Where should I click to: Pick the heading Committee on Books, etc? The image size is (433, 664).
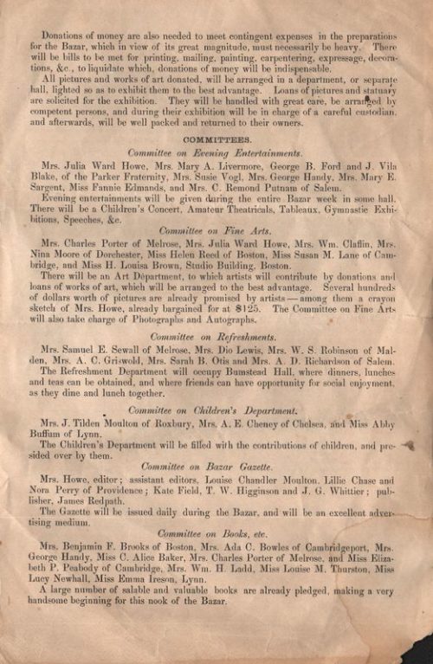click(216, 534)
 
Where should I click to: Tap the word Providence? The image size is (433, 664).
click(116, 490)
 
